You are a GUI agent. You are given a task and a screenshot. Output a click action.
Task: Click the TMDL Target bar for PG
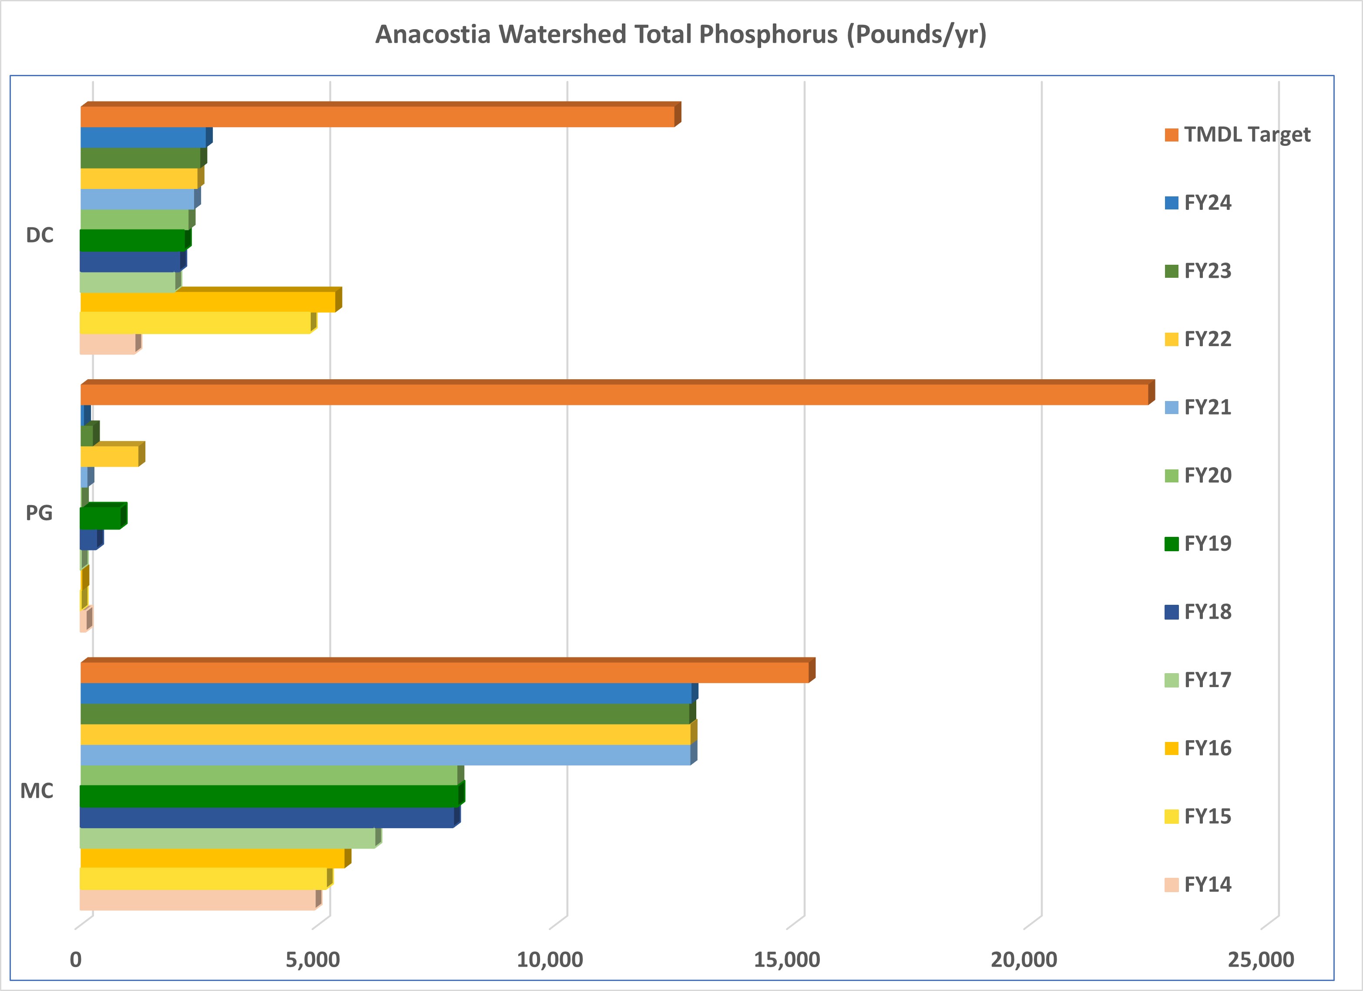pos(613,394)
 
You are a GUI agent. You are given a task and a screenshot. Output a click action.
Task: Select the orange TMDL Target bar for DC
pos(377,117)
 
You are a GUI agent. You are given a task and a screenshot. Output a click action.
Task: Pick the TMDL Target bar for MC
pos(445,673)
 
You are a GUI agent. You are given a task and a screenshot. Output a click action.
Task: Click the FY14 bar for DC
pos(108,344)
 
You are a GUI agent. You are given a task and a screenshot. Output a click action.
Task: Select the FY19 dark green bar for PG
pos(101,518)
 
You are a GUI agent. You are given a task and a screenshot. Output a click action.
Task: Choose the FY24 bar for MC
pos(386,693)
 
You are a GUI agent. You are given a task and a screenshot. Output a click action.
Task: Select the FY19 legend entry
pos(1207,543)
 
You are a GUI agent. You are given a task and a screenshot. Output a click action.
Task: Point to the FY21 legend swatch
pos(1171,407)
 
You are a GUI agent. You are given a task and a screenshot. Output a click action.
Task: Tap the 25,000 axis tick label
pos(1261,959)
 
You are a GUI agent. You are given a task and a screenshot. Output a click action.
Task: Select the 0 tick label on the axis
pos(76,959)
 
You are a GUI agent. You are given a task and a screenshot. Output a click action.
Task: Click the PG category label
pos(39,513)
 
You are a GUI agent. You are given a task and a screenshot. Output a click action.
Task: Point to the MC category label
pos(37,791)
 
